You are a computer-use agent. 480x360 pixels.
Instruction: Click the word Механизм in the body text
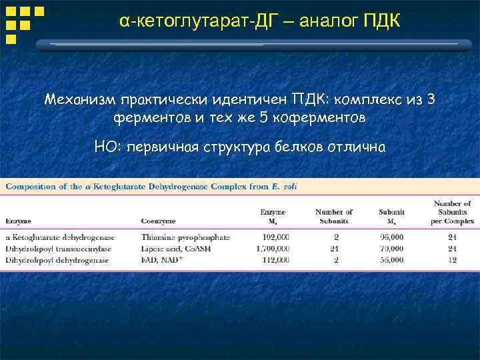pos(79,100)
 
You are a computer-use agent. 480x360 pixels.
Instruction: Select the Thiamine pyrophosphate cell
pos(185,237)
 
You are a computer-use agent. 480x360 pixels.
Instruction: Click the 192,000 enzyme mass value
pos(274,237)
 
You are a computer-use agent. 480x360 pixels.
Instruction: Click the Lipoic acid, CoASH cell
pos(175,249)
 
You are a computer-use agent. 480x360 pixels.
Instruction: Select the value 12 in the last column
pos(453,260)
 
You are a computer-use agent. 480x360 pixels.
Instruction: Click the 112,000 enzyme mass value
pos(274,260)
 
